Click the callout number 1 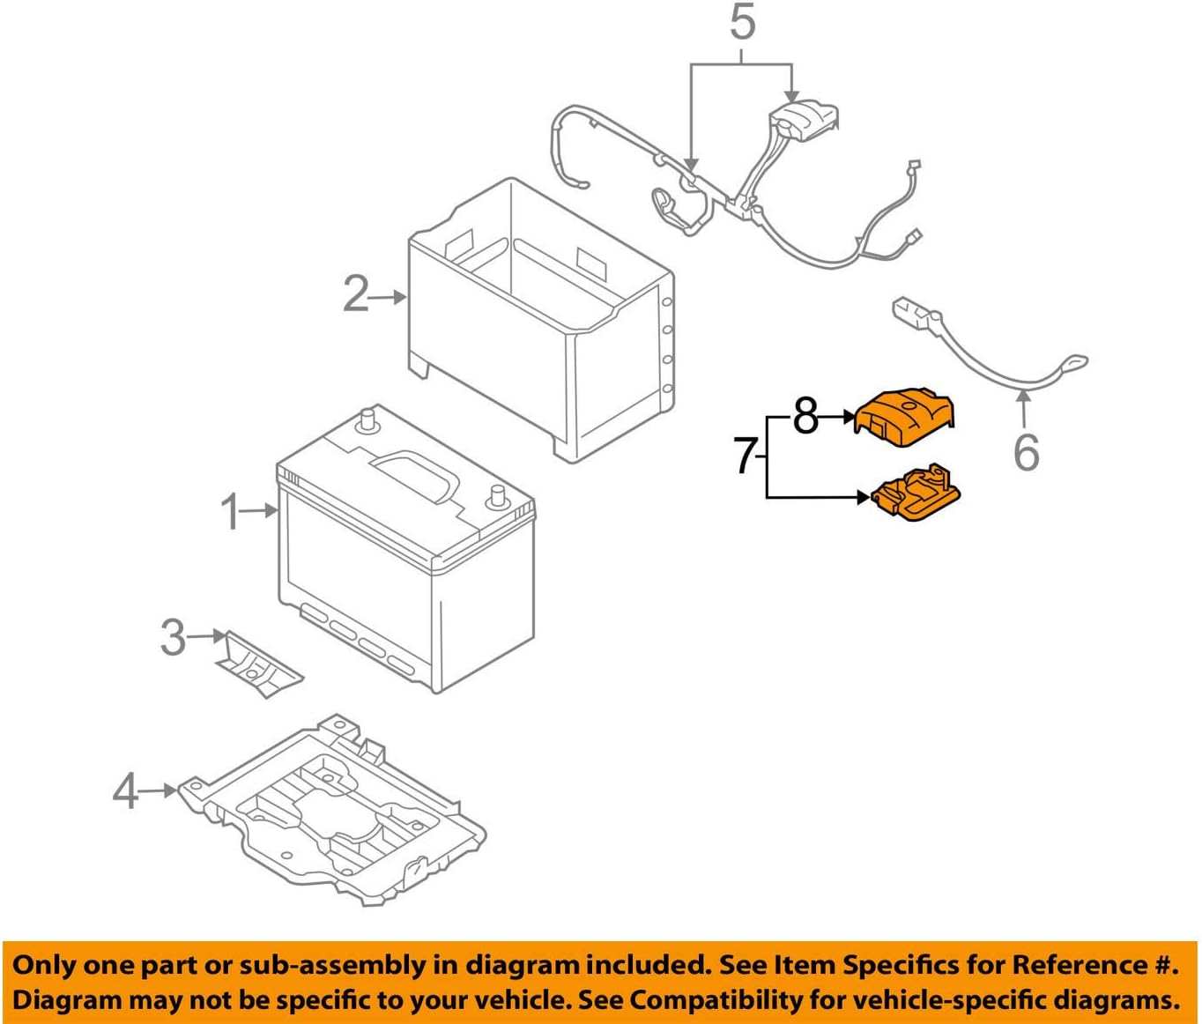(x=231, y=512)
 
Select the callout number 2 (x=355, y=294)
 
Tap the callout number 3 (x=173, y=636)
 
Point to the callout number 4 (x=125, y=790)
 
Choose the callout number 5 (x=742, y=23)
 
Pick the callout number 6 (x=1026, y=452)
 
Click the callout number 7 (x=746, y=456)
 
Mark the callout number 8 (x=805, y=415)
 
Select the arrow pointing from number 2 (x=389, y=297)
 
